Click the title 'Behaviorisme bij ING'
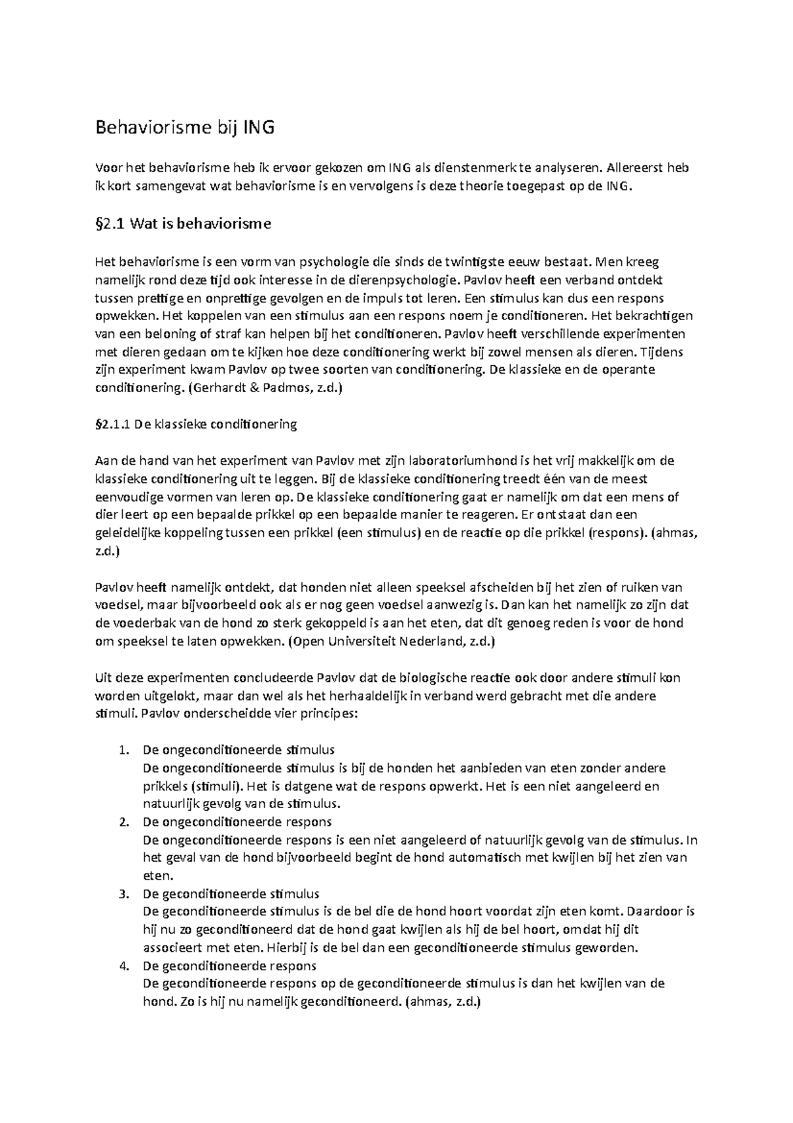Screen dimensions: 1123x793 184,128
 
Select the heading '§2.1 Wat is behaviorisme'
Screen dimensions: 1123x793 183,224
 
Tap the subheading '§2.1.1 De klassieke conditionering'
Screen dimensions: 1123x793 196,424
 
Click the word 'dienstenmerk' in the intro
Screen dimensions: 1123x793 465,168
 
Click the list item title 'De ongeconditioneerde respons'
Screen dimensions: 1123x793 237,822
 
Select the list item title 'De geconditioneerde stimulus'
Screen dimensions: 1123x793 231,894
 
